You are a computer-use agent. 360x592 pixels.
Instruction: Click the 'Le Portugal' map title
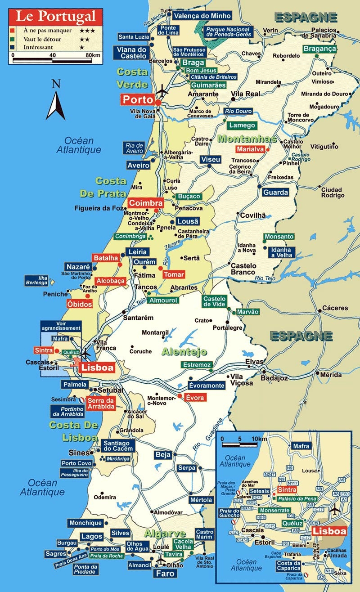[x=56, y=17]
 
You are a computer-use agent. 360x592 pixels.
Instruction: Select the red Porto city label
[x=137, y=99]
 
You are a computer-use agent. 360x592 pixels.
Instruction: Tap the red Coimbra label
[x=145, y=202]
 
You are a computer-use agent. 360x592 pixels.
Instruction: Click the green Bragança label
[x=320, y=49]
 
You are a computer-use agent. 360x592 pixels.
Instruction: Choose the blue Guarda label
[x=275, y=192]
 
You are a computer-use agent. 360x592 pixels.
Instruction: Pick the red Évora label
[x=194, y=397]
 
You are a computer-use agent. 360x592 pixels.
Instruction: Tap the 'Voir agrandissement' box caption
[x=61, y=326]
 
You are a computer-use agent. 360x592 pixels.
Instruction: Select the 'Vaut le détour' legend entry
[x=39, y=39]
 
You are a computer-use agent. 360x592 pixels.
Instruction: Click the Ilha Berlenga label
[x=37, y=280]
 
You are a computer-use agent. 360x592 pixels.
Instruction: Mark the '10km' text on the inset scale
[x=259, y=439]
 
